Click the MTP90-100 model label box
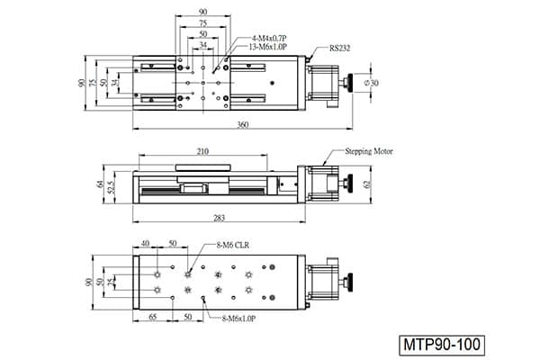click(x=442, y=345)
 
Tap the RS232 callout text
click(x=339, y=49)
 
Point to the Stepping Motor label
click(x=369, y=151)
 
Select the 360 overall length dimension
click(x=243, y=125)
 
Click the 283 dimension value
click(x=219, y=218)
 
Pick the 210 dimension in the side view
click(x=202, y=151)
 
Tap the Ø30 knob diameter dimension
click(x=371, y=83)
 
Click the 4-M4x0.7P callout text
click(x=270, y=38)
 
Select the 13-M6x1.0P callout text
click(x=267, y=47)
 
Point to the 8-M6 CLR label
click(x=232, y=246)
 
